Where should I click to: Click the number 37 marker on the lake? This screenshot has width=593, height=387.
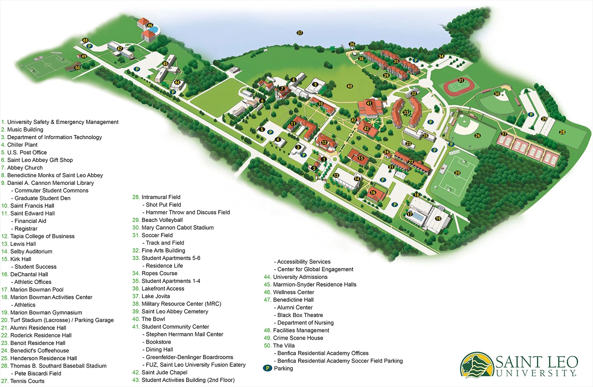tap(300, 33)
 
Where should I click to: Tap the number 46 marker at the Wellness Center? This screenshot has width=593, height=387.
tap(150, 26)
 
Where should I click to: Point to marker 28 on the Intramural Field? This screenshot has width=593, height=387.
tap(562, 132)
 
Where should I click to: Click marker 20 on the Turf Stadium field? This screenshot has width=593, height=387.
tap(457, 173)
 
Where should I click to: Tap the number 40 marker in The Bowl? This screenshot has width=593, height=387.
tap(350, 86)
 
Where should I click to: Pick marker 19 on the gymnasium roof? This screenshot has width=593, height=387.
tap(438, 219)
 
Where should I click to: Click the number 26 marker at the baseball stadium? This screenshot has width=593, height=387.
tap(477, 135)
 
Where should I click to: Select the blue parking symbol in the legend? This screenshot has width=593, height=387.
tap(268, 368)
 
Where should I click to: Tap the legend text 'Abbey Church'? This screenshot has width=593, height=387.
tap(25, 168)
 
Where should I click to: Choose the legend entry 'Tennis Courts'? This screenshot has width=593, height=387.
tap(27, 381)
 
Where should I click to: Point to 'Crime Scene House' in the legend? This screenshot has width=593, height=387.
tap(298, 338)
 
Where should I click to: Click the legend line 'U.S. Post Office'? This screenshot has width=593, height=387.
tap(27, 152)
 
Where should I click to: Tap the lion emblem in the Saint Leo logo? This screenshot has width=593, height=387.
tap(477, 365)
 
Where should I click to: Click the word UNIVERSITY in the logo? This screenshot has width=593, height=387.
tap(536, 373)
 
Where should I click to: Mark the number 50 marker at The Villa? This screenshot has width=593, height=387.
tap(77, 68)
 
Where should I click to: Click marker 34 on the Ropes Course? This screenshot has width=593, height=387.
tap(441, 56)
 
